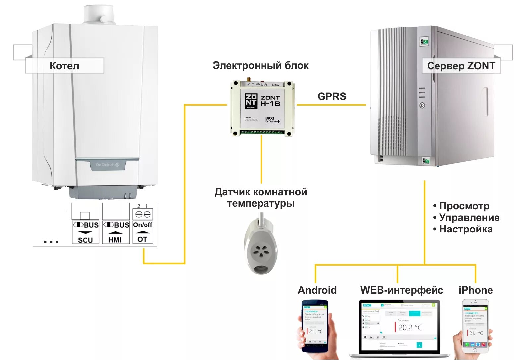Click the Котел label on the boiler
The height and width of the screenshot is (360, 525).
(64, 66)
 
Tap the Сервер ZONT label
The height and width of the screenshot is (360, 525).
(461, 66)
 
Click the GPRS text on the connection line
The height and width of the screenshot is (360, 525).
(332, 96)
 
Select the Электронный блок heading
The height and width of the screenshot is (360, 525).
(261, 65)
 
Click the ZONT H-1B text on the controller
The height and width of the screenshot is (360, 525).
(270, 101)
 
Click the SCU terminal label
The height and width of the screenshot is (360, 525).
(86, 240)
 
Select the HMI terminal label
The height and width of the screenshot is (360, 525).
(115, 240)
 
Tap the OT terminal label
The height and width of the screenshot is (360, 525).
(142, 239)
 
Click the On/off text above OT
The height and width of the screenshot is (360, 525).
(143, 225)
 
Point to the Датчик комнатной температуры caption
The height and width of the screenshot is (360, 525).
(261, 197)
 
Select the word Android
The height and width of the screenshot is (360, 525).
(317, 290)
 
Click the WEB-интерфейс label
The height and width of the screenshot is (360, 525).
(401, 290)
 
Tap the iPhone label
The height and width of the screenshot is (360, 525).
(475, 290)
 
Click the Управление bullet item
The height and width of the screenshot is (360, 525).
(469, 218)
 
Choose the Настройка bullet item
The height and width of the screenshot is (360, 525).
(465, 229)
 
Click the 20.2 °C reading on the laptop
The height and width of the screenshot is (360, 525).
(410, 327)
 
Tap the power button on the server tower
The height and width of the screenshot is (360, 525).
(422, 106)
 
